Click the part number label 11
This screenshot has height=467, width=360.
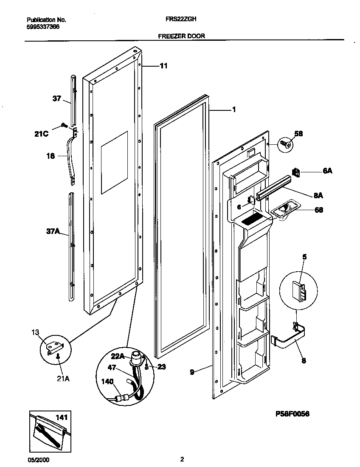tap(163, 66)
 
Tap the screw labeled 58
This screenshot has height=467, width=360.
tap(285, 144)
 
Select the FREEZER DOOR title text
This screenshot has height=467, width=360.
tap(181, 36)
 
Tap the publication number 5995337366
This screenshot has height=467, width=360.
tap(43, 26)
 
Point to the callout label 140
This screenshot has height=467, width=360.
tap(107, 382)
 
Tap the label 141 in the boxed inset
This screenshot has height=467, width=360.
tap(62, 418)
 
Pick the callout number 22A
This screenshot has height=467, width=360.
tap(118, 356)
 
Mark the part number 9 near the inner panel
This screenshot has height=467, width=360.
tap(192, 371)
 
